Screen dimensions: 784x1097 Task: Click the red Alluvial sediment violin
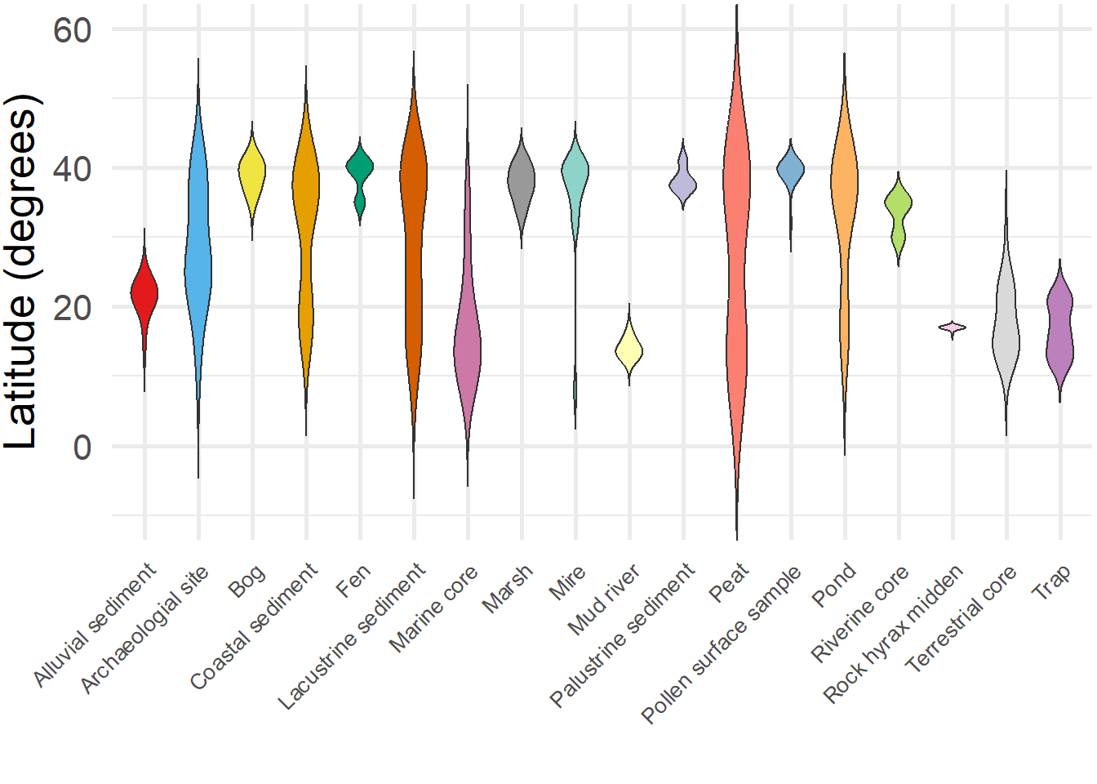pos(144,292)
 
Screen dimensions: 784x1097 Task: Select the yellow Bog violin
pos(252,171)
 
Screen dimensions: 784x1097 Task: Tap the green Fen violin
pos(360,168)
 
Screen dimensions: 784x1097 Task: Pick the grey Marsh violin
pos(521,181)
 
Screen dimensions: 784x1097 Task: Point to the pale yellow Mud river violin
pos(628,350)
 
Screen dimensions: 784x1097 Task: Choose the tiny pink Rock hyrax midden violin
pos(952,327)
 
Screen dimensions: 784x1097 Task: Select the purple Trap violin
pos(1059,327)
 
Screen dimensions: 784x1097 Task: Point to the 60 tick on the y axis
pos(72,30)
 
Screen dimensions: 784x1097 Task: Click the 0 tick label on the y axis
pos(82,448)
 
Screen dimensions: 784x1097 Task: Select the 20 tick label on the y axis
pos(72,309)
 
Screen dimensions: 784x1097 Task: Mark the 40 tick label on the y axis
pos(72,170)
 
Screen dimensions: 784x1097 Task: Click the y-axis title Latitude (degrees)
pos(21,271)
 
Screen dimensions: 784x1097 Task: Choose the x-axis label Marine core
pos(433,608)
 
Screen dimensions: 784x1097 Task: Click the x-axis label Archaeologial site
pos(144,629)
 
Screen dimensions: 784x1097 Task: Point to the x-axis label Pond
pos(833,585)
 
